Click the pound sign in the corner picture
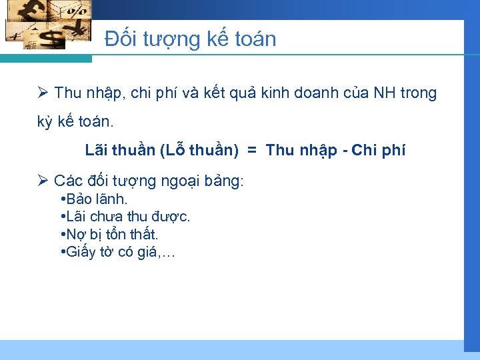click(x=33, y=12)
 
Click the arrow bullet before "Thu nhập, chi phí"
click(x=43, y=93)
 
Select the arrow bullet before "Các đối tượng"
click(x=43, y=181)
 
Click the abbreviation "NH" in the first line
click(x=384, y=93)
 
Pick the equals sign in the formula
click(x=252, y=151)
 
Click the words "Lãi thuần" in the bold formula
click(x=120, y=151)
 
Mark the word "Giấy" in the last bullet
click(x=81, y=252)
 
